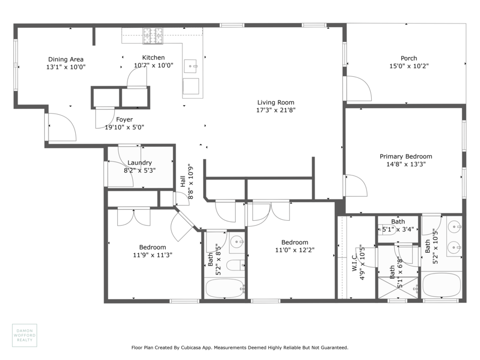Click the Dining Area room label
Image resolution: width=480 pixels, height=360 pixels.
[x=66, y=59]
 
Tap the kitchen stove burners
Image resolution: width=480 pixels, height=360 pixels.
[x=153, y=36]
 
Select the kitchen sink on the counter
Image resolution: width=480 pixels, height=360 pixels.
[x=190, y=66]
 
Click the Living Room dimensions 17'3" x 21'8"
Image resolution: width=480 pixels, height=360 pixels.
[x=276, y=110]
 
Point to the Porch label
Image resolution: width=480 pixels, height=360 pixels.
[x=409, y=58]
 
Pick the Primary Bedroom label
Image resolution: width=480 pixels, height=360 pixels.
[x=406, y=156]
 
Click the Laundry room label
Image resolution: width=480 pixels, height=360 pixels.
[x=140, y=163]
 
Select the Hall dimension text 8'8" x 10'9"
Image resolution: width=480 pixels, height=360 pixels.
[x=191, y=182]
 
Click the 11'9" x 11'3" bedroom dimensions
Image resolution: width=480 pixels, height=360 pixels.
[x=153, y=255]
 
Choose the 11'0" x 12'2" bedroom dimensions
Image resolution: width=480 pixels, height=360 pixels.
[x=295, y=250]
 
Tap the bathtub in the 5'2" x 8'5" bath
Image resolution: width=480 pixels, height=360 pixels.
[x=225, y=288]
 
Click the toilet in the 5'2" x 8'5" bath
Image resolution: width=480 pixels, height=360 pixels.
[x=235, y=265]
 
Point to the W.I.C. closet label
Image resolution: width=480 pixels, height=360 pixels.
[x=355, y=262]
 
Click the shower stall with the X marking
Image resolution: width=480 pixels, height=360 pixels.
[x=398, y=287]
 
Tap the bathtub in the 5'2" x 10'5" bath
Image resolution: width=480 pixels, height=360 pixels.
[x=442, y=285]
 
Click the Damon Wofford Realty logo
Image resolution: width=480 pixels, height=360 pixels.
[x=25, y=335]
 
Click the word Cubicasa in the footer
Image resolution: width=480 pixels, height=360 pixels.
[x=191, y=348]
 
